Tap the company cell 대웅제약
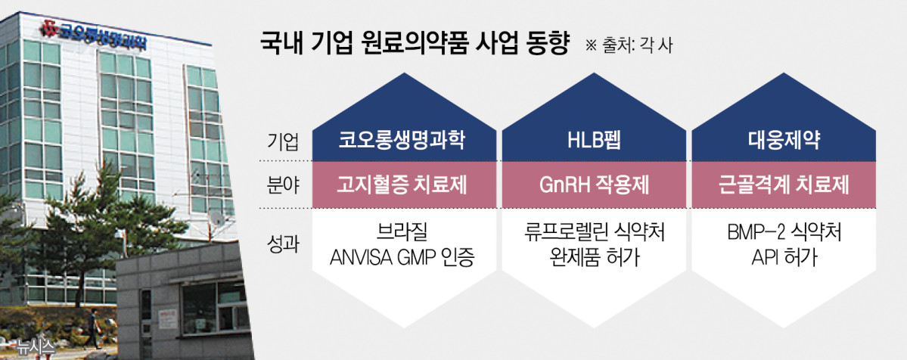point(785,141)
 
